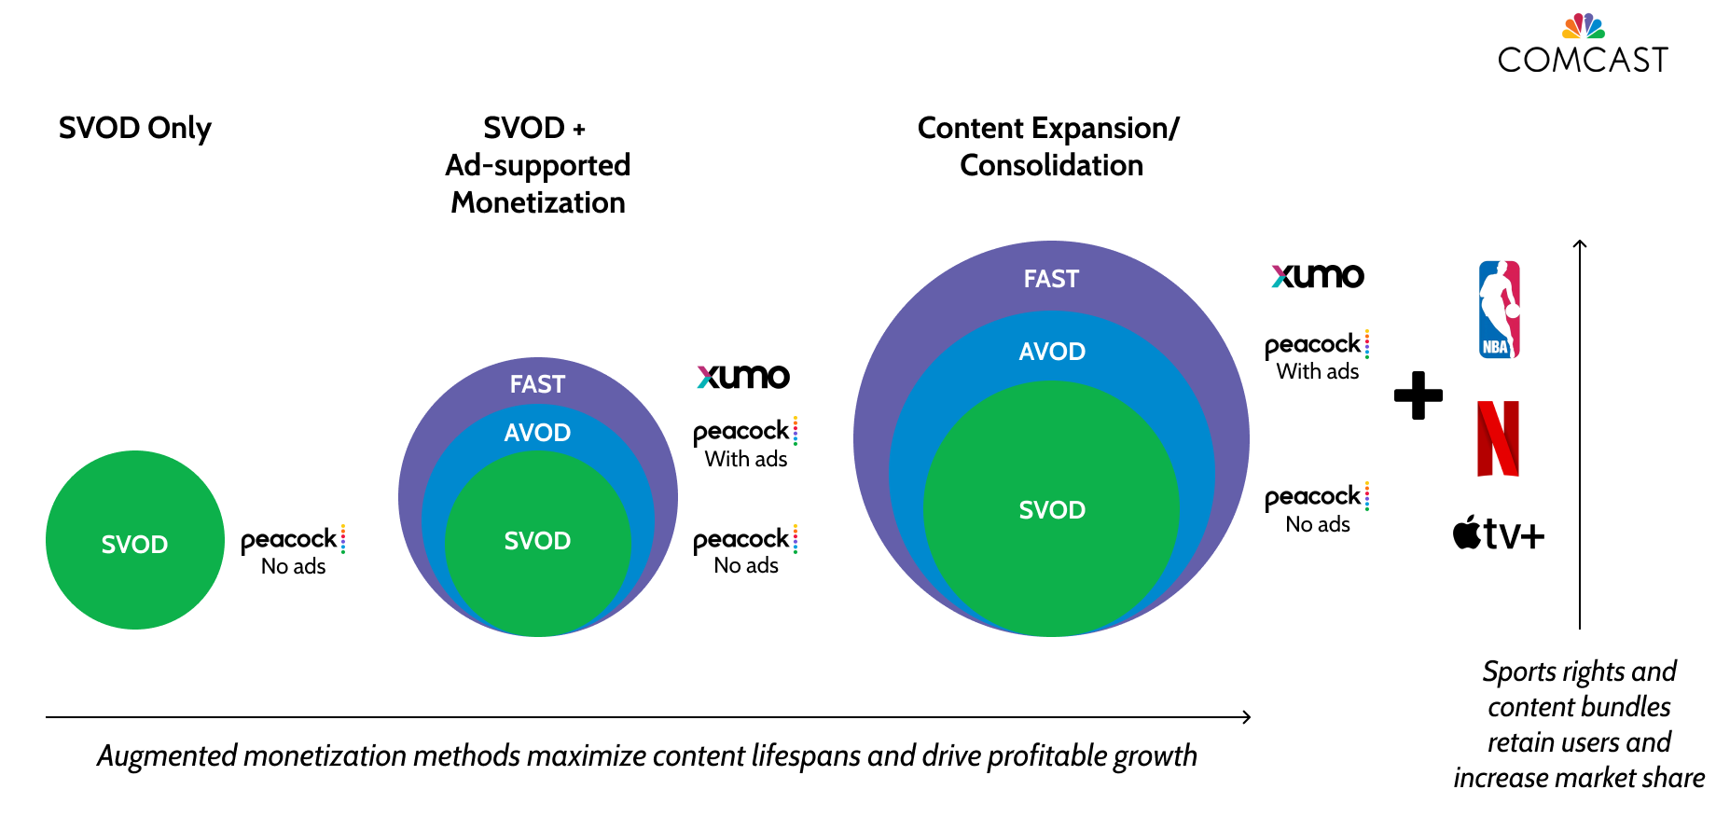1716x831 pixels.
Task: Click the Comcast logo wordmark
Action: tap(1583, 59)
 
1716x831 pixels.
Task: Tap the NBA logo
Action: tap(1499, 310)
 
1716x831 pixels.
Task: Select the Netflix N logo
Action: tap(1498, 438)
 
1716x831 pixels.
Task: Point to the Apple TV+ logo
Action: tap(1498, 533)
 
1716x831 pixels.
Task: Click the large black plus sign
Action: tap(1418, 395)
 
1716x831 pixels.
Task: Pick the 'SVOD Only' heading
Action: tap(135, 128)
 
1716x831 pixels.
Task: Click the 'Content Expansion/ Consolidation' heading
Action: tap(1049, 146)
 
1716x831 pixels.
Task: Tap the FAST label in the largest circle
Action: tap(1051, 279)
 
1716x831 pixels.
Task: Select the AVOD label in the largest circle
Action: tap(1052, 352)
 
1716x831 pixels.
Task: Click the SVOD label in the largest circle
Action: tap(1052, 510)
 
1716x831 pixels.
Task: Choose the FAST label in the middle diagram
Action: tap(537, 384)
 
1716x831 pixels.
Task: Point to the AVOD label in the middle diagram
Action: tap(537, 433)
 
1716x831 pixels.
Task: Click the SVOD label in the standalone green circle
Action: tap(134, 545)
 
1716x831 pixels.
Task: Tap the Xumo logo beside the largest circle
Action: tap(1318, 276)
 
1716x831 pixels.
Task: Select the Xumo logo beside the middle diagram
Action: tap(743, 376)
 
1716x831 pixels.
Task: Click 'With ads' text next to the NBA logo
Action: tap(1317, 371)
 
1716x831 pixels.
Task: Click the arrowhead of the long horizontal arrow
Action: tap(1246, 717)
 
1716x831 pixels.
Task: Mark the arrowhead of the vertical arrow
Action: tap(1580, 244)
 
